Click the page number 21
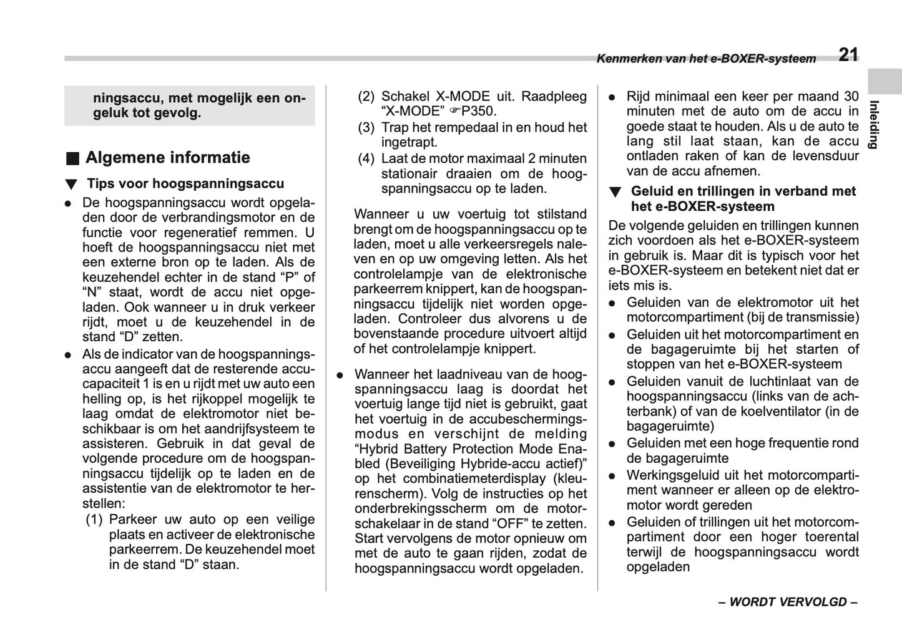[x=848, y=55]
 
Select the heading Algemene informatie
[x=167, y=158]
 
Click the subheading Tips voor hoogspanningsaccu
[x=185, y=184]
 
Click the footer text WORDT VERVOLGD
[x=788, y=602]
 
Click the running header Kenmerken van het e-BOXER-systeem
[x=706, y=59]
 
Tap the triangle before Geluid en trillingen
[x=615, y=192]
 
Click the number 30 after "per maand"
[x=851, y=97]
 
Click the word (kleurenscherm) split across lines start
[x=567, y=479]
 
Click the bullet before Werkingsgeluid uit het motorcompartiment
[x=613, y=476]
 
